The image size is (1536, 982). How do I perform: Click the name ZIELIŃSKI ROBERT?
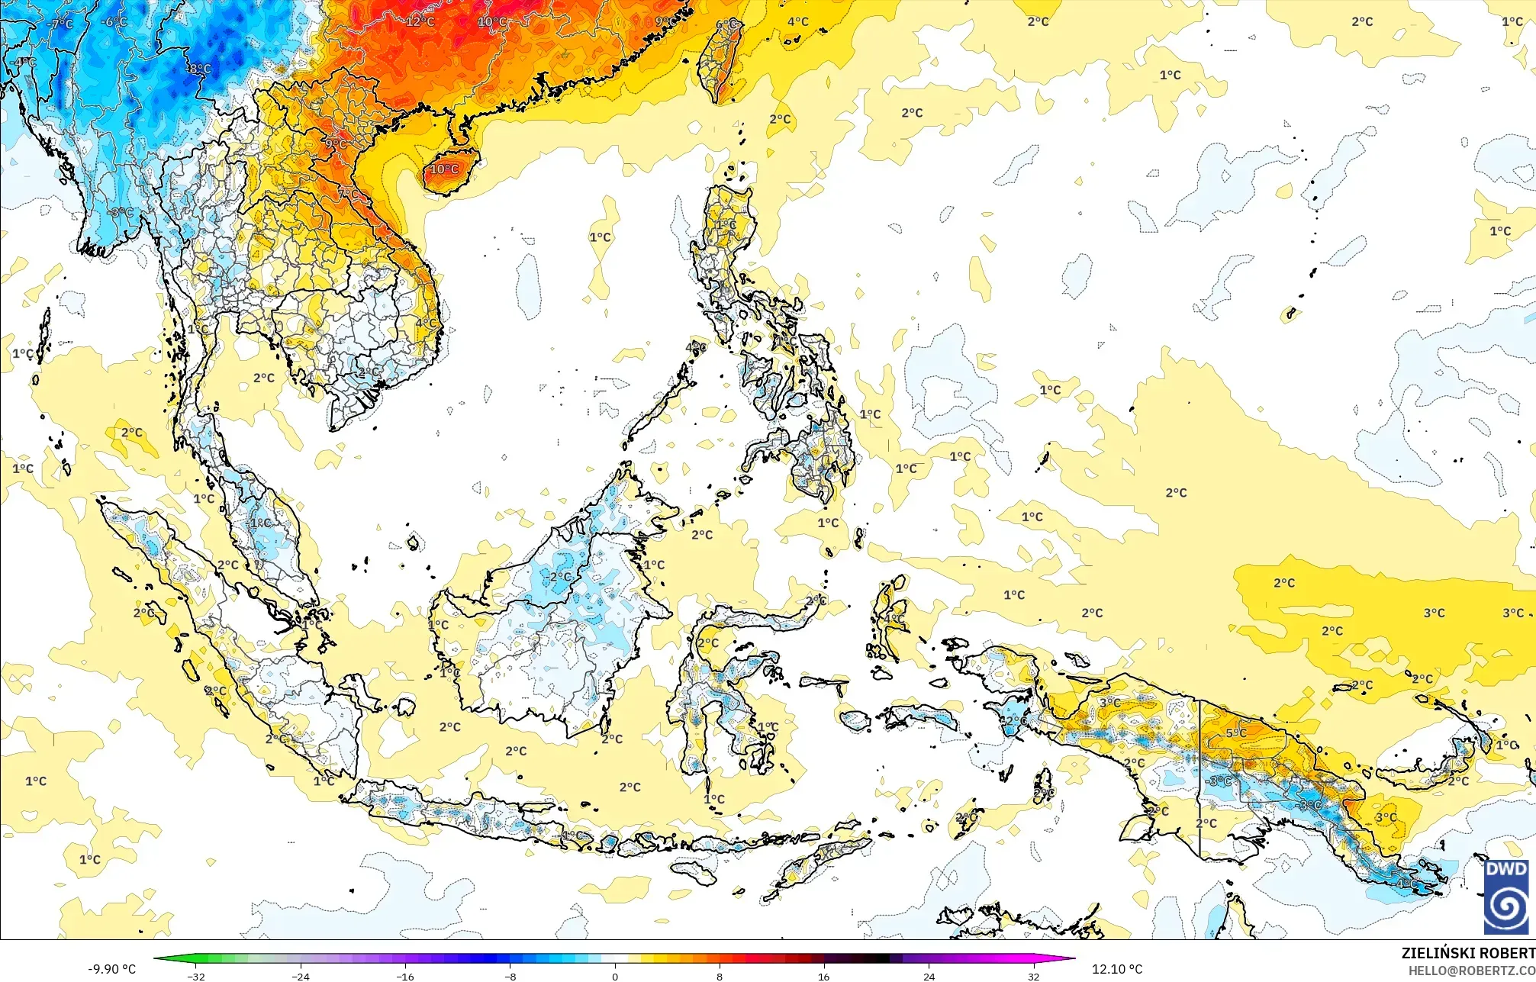click(x=1467, y=953)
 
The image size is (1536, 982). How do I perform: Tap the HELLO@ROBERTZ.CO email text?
click(x=1471, y=971)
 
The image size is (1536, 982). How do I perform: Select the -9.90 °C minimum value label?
click(x=111, y=969)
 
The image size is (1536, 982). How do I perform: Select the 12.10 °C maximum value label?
click(x=1117, y=969)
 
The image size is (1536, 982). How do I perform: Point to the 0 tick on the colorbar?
click(x=615, y=976)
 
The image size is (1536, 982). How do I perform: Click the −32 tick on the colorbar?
click(x=196, y=976)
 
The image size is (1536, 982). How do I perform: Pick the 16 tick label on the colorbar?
click(x=824, y=976)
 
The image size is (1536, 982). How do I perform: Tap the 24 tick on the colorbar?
click(x=929, y=976)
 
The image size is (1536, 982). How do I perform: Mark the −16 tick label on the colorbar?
click(x=405, y=976)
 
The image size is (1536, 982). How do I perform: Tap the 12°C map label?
click(x=420, y=21)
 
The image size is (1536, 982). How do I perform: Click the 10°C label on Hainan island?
click(x=444, y=169)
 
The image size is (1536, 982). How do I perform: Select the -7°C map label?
click(x=60, y=24)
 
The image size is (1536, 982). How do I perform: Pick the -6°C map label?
click(x=114, y=22)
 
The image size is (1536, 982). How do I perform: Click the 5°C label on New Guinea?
click(x=1236, y=732)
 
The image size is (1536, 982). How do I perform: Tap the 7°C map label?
click(x=348, y=194)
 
